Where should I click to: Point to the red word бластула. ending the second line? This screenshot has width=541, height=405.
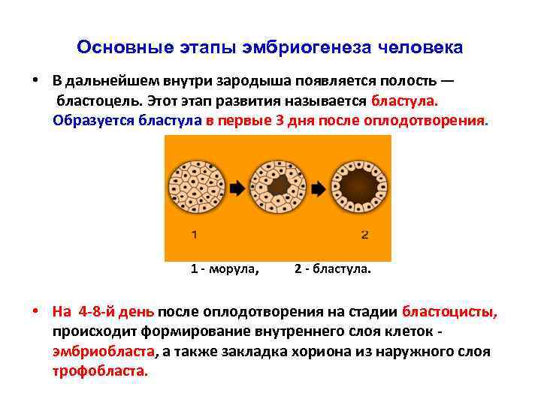pos(403,100)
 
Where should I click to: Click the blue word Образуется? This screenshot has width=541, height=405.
pos(87,120)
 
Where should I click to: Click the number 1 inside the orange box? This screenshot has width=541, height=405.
pos(195,235)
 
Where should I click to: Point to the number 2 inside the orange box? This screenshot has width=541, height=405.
pos(364,235)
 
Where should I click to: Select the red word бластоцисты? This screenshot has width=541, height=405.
pos(449,311)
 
